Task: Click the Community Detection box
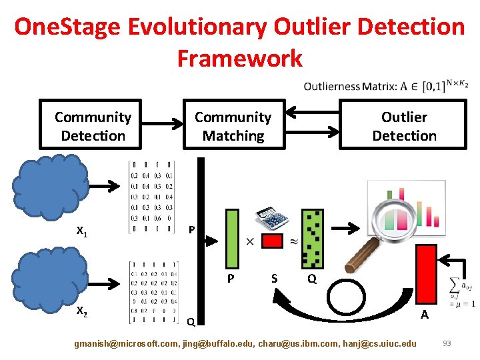(93, 125)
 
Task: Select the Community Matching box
(233, 125)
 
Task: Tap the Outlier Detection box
(404, 125)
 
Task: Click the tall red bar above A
(425, 274)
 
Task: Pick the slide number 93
(447, 343)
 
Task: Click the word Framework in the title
(239, 59)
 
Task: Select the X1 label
(83, 232)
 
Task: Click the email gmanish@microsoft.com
(127, 343)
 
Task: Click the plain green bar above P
(231, 237)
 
